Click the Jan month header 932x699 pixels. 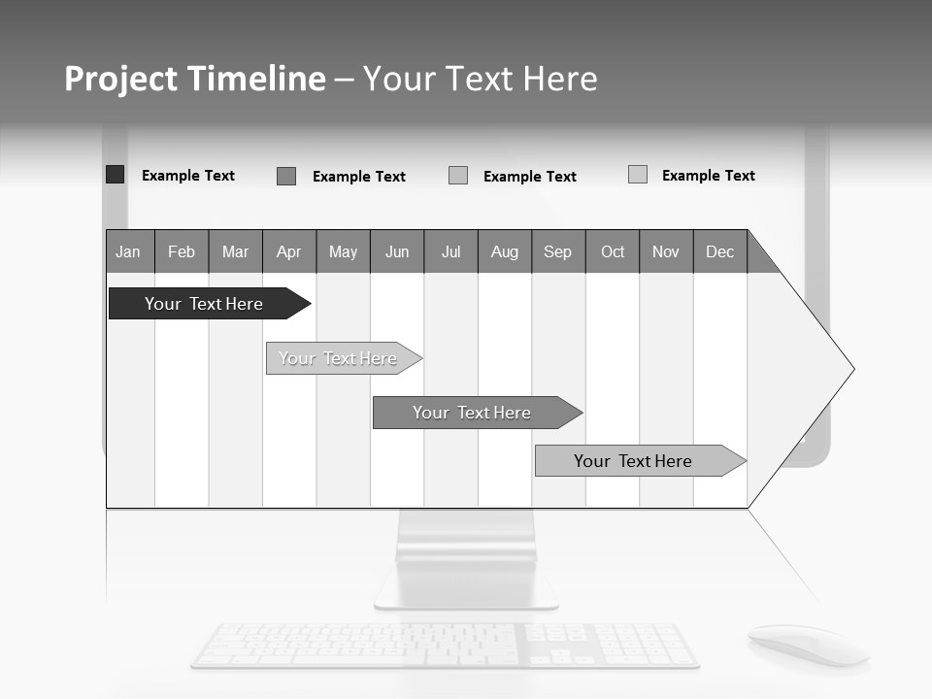coord(129,251)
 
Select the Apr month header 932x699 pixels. coord(289,251)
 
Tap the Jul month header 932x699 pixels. coord(450,251)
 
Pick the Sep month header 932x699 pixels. coord(558,251)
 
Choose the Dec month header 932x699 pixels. coord(720,251)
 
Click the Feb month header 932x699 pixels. coord(182,251)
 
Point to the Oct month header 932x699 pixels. coord(613,251)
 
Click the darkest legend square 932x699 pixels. coord(116,175)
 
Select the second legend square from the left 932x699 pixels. coord(286,176)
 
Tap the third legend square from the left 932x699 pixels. coord(458,176)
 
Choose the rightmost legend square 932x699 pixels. coord(638,175)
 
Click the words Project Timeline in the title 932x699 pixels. coord(195,79)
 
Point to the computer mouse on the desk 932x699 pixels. coord(806,644)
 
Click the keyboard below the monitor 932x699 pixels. coord(445,646)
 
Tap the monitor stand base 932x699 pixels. coord(467,589)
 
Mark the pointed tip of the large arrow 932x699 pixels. coord(852,369)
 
